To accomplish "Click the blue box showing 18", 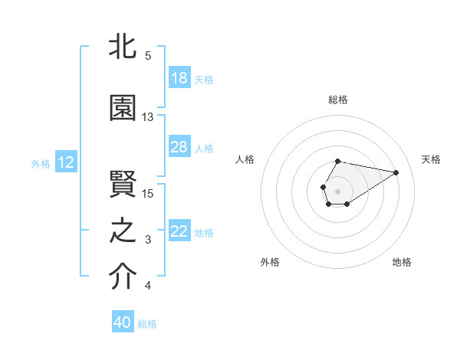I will [x=179, y=78].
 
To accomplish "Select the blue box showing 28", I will [x=179, y=147].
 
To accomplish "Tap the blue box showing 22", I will [x=179, y=231].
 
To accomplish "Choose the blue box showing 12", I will [x=66, y=162].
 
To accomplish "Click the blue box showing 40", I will [x=123, y=322].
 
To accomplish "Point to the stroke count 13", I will [x=148, y=117].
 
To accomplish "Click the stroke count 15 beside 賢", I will [x=148, y=193].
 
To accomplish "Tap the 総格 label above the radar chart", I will [x=338, y=100].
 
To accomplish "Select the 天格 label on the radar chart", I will [x=431, y=159].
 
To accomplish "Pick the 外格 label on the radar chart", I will [x=270, y=262].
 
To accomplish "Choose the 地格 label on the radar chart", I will [x=402, y=262].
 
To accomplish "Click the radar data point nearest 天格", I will [x=396, y=172].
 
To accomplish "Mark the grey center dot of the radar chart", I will [x=337, y=190].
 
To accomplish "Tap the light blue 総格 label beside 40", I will [x=147, y=324].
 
